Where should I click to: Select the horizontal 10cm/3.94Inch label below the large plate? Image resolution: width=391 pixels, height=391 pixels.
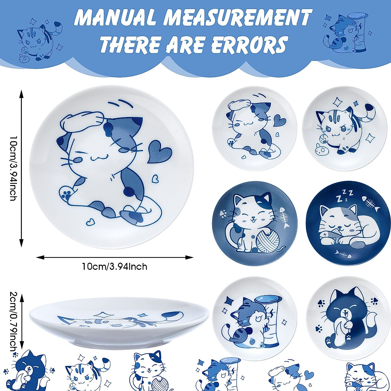pos(114,267)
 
